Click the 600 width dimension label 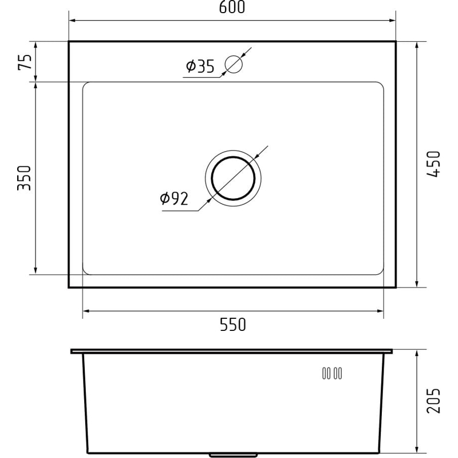point(232,7)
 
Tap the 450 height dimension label point(433,164)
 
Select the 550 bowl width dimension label point(233,325)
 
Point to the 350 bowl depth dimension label point(24,178)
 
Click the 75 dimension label point(25,62)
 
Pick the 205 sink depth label point(433,400)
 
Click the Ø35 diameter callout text point(200,66)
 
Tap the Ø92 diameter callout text point(174,199)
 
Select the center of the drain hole point(233,178)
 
